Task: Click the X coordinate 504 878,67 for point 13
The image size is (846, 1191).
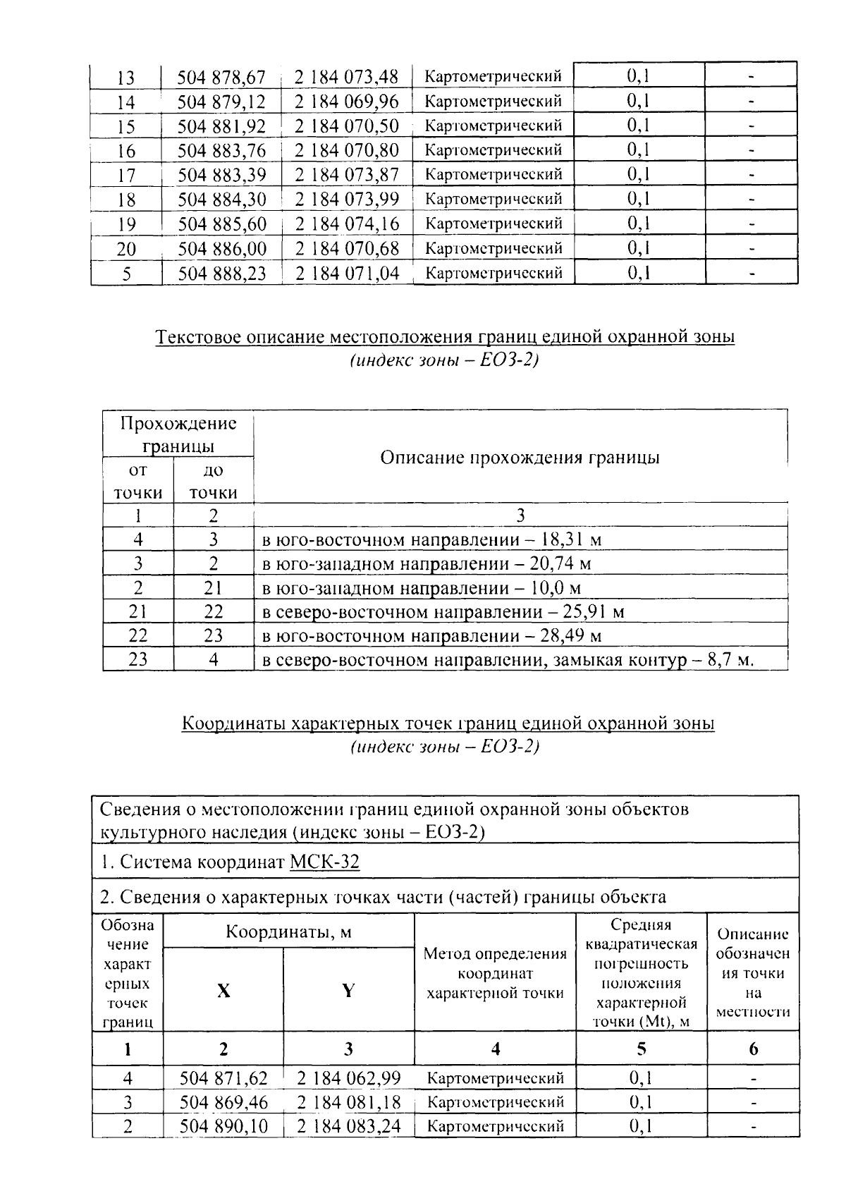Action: (221, 77)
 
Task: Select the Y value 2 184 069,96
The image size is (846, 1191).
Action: (347, 102)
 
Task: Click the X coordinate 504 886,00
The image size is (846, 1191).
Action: (221, 248)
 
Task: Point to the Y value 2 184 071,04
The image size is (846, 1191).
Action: (347, 273)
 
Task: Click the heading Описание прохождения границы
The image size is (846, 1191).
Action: (520, 458)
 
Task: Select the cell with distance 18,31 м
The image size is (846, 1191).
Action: (431, 540)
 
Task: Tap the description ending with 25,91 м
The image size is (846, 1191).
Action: (443, 612)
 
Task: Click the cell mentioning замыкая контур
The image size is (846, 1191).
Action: (508, 661)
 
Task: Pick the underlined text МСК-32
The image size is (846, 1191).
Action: (324, 862)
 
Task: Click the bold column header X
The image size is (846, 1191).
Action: (223, 991)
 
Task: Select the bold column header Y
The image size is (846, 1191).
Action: (348, 991)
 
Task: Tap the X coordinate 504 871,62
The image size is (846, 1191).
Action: (223, 1078)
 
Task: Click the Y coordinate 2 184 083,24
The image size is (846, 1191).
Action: (348, 1126)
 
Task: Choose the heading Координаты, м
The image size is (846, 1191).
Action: (288, 932)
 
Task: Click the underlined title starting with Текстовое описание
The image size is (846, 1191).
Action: (445, 337)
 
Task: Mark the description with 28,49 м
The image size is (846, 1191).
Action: (431, 636)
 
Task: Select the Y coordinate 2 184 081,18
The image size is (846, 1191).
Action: (348, 1102)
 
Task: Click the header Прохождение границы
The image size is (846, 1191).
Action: (178, 434)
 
